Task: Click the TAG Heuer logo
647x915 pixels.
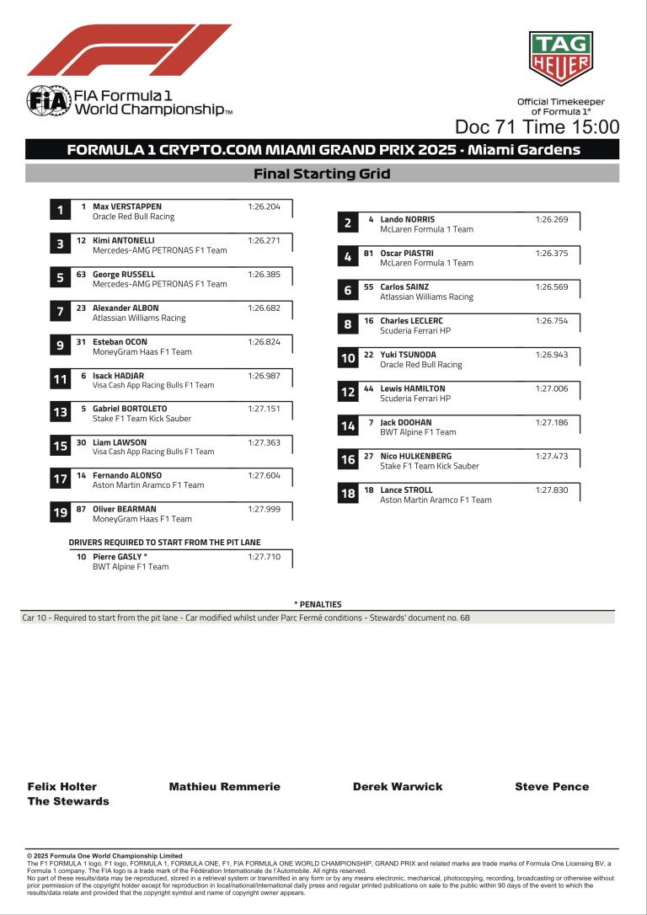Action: (x=560, y=59)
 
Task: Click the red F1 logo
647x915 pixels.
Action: (x=129, y=51)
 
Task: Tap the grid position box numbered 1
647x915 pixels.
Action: (x=60, y=211)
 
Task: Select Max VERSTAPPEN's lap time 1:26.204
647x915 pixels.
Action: (x=264, y=206)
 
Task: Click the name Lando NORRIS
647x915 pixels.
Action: (x=408, y=219)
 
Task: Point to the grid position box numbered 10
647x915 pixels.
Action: (x=347, y=359)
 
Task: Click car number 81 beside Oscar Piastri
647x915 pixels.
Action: (x=368, y=253)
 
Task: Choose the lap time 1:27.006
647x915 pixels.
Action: (x=552, y=388)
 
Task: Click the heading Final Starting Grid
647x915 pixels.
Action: (x=322, y=174)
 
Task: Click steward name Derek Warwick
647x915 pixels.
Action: (x=398, y=787)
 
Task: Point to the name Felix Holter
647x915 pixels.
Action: (x=62, y=787)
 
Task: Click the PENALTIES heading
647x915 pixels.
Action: (x=318, y=604)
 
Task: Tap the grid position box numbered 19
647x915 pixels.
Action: (x=60, y=513)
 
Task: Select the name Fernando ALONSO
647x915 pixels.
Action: (x=127, y=475)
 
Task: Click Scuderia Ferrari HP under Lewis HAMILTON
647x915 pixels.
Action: (x=415, y=399)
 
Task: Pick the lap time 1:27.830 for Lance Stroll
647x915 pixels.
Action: (x=552, y=490)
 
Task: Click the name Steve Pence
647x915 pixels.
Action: (x=552, y=787)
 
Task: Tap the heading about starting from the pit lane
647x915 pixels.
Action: (x=164, y=543)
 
